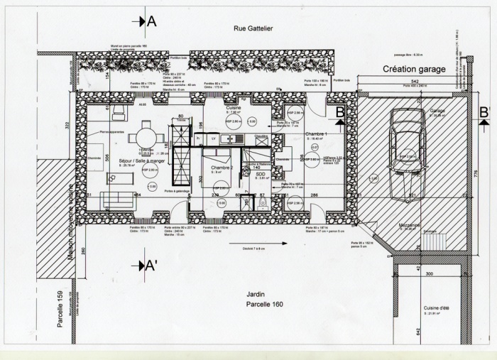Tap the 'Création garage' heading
coord(414,70)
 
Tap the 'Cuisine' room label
coord(235,107)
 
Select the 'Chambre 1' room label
coord(316,133)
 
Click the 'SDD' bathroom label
coord(260,173)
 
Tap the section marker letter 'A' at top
coord(151,21)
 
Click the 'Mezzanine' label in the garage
coord(410,224)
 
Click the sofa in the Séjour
coord(118,200)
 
